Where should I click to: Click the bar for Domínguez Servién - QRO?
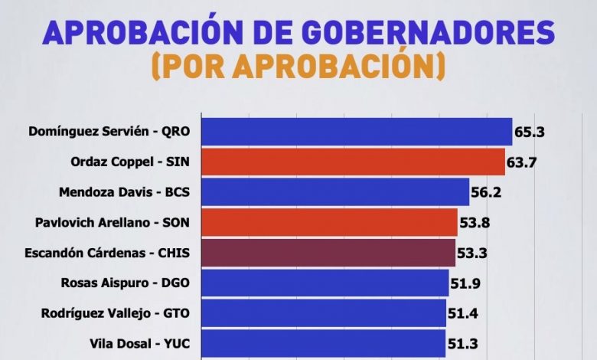point(356,132)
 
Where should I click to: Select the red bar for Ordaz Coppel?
point(353,162)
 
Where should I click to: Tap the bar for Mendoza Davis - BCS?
point(334,191)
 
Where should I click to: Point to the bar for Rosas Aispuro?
point(325,283)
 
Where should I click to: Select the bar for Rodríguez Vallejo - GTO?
point(323,313)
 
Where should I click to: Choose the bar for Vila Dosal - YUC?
point(323,342)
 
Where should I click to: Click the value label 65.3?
point(529,132)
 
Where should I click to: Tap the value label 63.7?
point(522,162)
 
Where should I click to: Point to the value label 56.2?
point(486,191)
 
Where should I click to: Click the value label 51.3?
point(462,342)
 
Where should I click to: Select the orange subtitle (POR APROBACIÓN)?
point(298,67)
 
